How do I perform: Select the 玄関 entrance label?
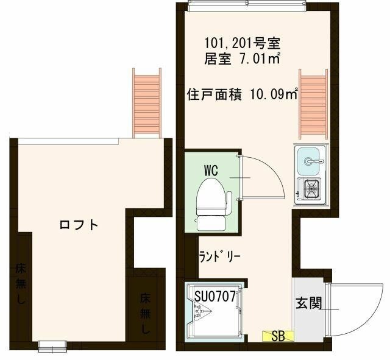[x=309, y=303]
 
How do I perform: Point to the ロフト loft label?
[x=79, y=225]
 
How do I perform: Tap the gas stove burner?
[x=311, y=190]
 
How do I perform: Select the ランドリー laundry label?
[x=220, y=257]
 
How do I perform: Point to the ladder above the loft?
[x=147, y=102]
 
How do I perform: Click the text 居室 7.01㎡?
[x=243, y=59]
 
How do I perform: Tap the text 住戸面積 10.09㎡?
[x=243, y=94]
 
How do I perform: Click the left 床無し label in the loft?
[x=20, y=283]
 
